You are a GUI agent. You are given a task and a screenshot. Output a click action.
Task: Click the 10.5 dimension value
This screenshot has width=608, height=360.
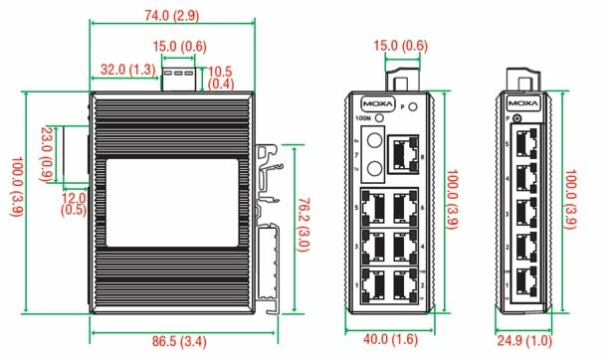pos(221,70)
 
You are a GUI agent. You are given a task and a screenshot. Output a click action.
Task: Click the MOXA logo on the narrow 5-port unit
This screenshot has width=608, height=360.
pos(523,102)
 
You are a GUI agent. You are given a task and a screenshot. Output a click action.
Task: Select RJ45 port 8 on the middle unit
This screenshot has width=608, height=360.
pos(403,150)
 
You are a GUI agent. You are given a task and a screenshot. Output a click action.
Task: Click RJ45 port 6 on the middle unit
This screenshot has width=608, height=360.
pos(404,207)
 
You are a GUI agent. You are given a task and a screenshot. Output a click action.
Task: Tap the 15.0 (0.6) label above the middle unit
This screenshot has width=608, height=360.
pos(402,45)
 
